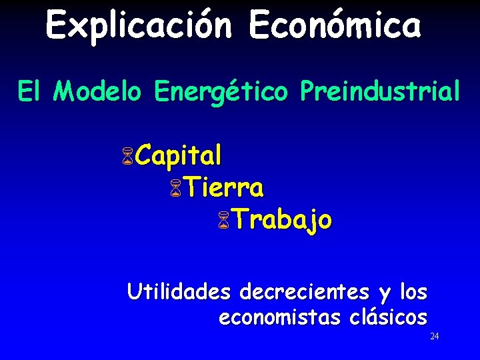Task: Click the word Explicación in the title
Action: click(x=138, y=27)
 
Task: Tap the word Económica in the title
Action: click(x=335, y=27)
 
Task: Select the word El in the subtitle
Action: click(x=29, y=92)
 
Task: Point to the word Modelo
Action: click(x=97, y=92)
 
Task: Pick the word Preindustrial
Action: click(x=380, y=92)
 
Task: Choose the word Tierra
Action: click(x=224, y=188)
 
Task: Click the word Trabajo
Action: click(x=282, y=220)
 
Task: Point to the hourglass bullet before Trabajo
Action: click(x=223, y=221)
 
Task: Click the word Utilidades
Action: click(x=179, y=292)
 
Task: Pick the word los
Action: click(x=413, y=292)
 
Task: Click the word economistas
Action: click(x=279, y=317)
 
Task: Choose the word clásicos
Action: click(x=388, y=317)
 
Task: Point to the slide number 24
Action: click(x=434, y=337)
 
